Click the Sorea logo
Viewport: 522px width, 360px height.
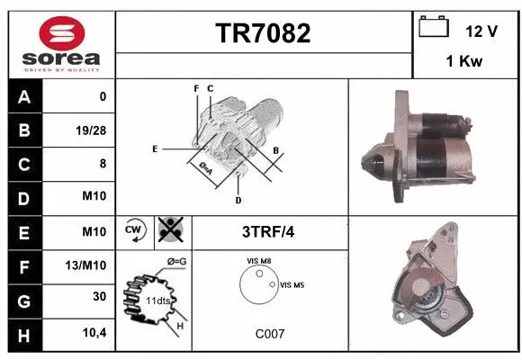(59, 42)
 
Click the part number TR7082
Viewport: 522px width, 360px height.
(263, 33)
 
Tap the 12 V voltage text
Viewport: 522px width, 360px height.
(481, 31)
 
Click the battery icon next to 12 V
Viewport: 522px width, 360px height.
(434, 28)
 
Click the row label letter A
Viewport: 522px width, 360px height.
(23, 96)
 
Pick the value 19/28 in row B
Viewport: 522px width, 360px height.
(91, 130)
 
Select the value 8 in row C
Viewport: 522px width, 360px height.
(102, 164)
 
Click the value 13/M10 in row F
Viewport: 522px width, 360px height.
(88, 266)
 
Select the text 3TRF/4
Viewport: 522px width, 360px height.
(269, 232)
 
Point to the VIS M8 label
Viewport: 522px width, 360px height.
(259, 260)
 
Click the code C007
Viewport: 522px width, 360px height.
(269, 333)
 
